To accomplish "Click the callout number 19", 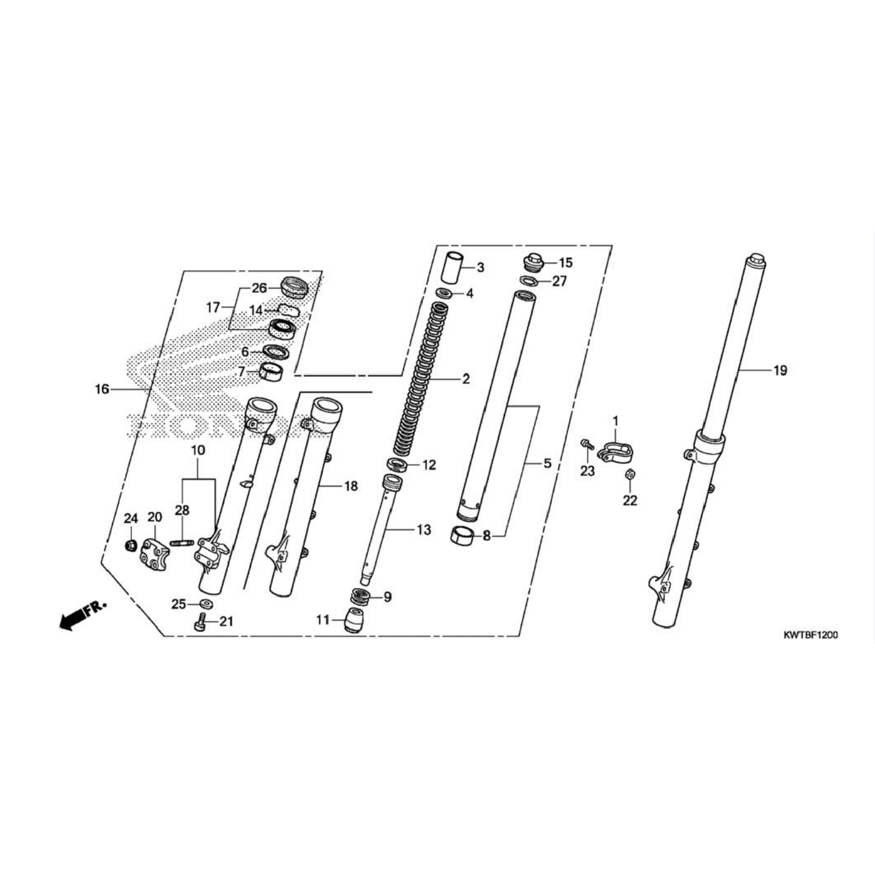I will [780, 370].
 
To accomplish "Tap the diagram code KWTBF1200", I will [811, 635].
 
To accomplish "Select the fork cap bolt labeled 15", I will [532, 262].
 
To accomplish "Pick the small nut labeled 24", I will [129, 546].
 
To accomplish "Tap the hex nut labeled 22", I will [630, 475].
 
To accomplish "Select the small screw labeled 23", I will [586, 444].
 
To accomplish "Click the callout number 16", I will [102, 388].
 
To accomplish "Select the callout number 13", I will [424, 530].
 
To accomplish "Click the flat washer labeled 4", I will [443, 295].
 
